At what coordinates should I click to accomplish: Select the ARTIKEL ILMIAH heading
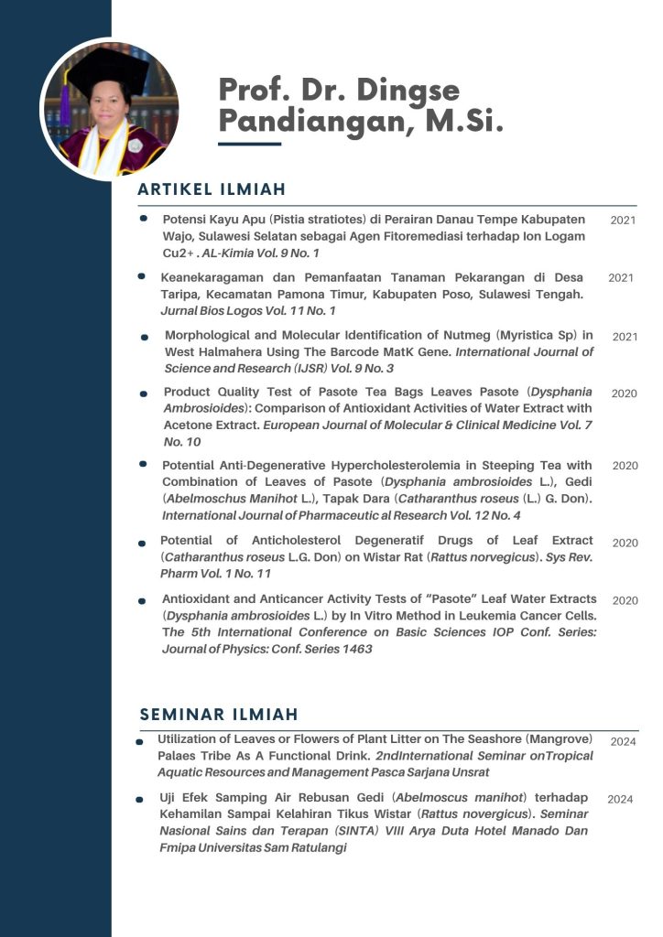[212, 189]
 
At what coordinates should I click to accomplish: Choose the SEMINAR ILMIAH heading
[219, 714]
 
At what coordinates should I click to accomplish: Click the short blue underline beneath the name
[249, 144]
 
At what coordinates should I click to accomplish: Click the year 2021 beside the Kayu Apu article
[623, 221]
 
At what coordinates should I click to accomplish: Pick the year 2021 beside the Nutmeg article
[625, 337]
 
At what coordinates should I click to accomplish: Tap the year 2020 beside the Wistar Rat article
[625, 543]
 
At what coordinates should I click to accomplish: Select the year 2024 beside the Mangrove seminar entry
[623, 741]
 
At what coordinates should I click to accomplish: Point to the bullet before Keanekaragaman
[141, 275]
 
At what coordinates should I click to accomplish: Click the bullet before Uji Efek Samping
[139, 799]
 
